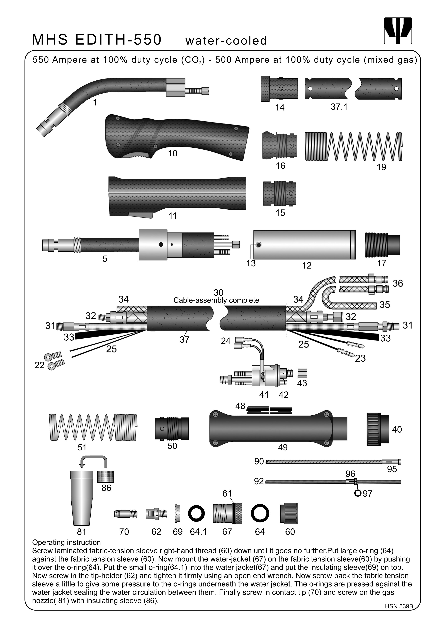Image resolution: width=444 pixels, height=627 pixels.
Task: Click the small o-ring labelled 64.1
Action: tap(196, 513)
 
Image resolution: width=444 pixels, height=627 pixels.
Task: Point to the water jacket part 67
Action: tap(227, 513)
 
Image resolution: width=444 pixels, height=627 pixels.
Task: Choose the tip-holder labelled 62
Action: tap(156, 513)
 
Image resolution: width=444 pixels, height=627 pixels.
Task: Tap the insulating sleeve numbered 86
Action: tap(106, 477)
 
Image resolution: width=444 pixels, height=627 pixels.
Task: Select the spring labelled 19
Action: tap(353, 146)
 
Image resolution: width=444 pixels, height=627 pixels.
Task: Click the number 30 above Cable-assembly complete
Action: tap(219, 292)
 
